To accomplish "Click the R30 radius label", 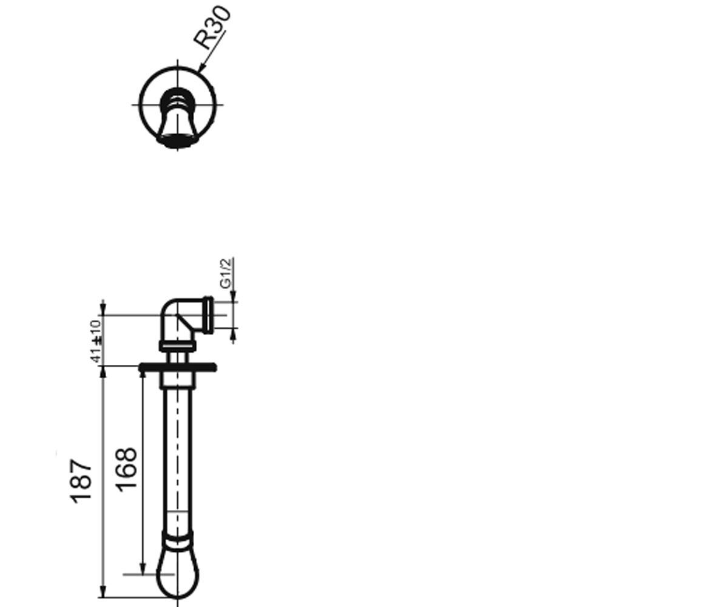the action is click(212, 27).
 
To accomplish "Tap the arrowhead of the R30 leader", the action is click(201, 69).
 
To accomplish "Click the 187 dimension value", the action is click(81, 481).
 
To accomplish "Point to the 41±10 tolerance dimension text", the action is click(96, 341).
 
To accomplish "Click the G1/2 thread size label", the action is click(226, 274).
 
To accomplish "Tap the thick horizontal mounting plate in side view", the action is click(178, 367).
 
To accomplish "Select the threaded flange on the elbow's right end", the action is click(208, 316).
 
